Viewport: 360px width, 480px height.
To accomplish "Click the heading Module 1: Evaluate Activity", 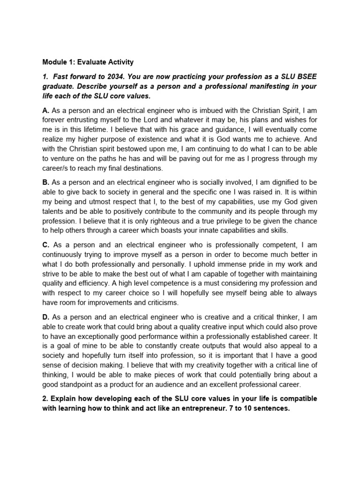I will click(88, 62).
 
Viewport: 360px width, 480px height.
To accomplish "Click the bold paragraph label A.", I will click(45, 111).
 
